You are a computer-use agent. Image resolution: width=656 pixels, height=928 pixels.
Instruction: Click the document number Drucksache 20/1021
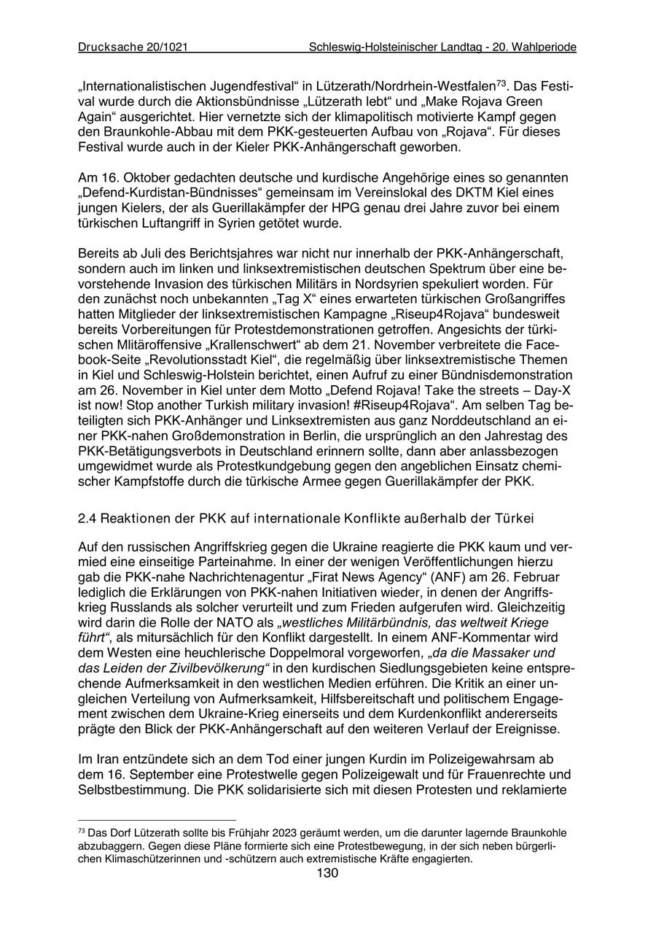point(133,47)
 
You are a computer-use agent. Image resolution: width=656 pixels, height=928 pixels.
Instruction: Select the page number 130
point(327,874)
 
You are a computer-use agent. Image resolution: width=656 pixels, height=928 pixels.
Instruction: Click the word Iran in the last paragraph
point(107,759)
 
